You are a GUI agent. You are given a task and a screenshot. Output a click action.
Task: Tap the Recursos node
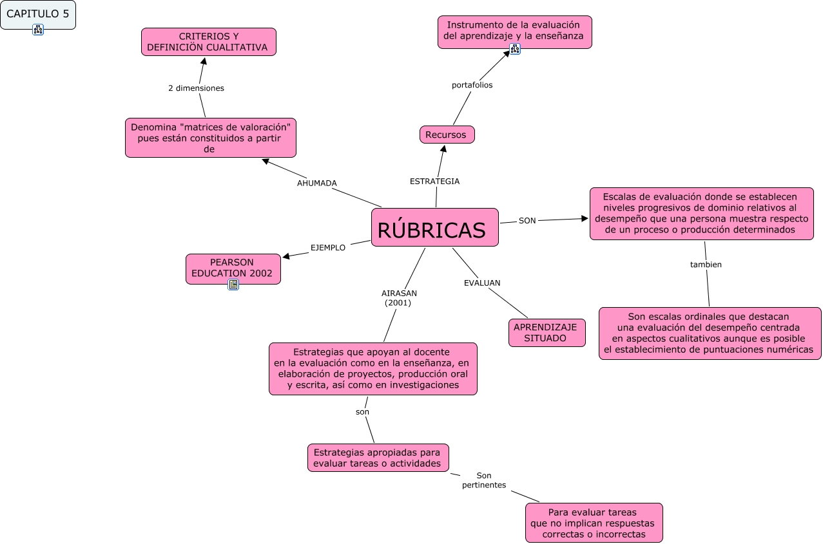(x=447, y=135)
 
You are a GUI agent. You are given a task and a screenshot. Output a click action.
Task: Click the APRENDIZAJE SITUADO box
(x=547, y=332)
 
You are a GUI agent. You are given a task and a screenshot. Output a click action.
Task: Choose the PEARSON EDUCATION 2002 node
(x=233, y=268)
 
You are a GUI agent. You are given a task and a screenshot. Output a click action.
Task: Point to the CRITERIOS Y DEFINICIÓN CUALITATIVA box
(x=209, y=42)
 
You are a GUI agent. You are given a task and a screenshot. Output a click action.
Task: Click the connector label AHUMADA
(x=316, y=183)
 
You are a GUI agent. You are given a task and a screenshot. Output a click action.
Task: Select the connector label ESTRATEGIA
(x=434, y=182)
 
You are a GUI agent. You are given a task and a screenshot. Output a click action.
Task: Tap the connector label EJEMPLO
(x=328, y=247)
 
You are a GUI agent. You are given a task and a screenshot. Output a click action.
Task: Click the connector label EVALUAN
(x=482, y=283)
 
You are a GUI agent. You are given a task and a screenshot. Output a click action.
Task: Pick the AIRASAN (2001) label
(x=399, y=297)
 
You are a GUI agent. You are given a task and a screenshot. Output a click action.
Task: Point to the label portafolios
(x=472, y=85)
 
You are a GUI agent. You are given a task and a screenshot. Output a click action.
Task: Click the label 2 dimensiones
(x=196, y=88)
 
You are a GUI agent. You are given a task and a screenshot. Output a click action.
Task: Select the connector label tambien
(x=706, y=265)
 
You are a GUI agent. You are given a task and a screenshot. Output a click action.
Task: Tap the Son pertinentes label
(x=484, y=480)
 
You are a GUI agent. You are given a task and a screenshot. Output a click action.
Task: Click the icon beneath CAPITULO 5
(x=37, y=29)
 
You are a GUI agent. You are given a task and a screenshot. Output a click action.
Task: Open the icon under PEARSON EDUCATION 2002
(x=233, y=285)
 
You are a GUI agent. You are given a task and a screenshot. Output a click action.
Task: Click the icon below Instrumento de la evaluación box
(x=514, y=49)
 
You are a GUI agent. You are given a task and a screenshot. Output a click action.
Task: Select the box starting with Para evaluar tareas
(x=594, y=523)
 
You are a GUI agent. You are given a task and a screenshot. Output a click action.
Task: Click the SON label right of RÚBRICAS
(x=527, y=221)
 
